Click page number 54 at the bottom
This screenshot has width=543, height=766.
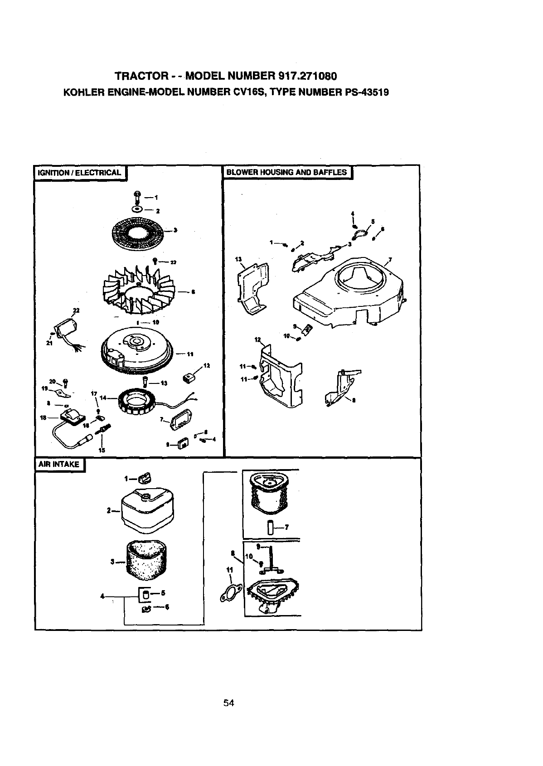228,703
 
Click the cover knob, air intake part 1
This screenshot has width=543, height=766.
145,477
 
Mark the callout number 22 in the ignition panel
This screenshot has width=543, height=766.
75,310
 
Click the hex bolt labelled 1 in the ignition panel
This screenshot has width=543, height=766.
136,197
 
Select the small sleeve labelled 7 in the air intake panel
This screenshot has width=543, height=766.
270,528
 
